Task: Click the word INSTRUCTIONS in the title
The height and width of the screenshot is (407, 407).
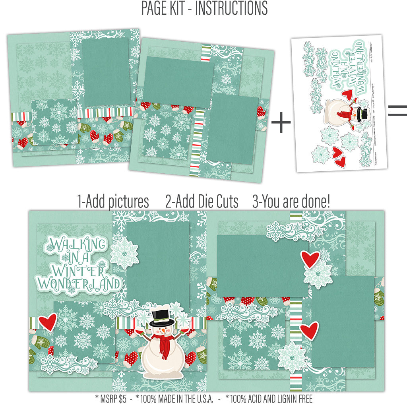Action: tap(231, 8)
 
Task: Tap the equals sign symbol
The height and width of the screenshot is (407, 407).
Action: tap(397, 110)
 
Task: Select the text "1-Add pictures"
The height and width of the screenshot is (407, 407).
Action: tap(113, 202)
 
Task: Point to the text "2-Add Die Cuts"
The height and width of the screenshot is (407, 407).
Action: tap(202, 202)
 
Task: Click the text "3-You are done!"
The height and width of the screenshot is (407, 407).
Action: tap(291, 202)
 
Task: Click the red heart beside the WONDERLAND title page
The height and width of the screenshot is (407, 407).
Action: tap(47, 322)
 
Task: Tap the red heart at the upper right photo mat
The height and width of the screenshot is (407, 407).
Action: tap(310, 259)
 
